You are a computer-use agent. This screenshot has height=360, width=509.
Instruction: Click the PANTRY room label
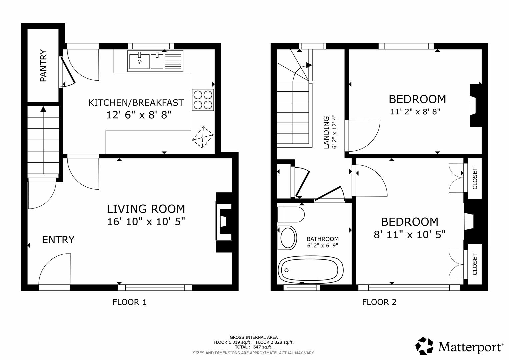pos(43,66)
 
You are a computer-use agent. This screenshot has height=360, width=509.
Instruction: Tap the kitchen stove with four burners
pos(203,100)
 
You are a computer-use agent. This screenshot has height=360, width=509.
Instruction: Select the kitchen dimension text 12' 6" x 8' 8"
pos(139,115)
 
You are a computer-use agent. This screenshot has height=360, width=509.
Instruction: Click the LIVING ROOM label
pos(146,209)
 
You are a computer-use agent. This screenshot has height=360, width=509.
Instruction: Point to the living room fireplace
pos(224,221)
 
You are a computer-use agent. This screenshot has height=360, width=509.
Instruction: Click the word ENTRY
pos(58,240)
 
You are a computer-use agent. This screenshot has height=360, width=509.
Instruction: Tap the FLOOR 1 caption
pos(129,302)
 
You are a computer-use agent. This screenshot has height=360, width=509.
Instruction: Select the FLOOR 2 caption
pos(379,302)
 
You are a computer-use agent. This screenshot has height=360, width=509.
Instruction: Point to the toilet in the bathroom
pos(291,214)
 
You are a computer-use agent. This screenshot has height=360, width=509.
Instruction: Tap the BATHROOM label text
pos(322,239)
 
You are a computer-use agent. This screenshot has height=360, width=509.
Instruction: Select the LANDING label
pos(326,132)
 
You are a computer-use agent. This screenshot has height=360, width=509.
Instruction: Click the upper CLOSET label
pos(475,178)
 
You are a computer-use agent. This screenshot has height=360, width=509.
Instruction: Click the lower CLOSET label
pos(475,264)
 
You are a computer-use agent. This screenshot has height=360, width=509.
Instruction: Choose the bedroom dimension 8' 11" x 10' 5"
pos(410,235)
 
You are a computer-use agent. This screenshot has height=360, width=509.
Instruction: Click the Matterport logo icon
pos(424,346)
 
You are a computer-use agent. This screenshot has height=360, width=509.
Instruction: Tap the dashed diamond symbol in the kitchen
pos(202,138)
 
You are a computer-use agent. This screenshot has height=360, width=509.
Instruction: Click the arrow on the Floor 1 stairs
pos(43,109)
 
